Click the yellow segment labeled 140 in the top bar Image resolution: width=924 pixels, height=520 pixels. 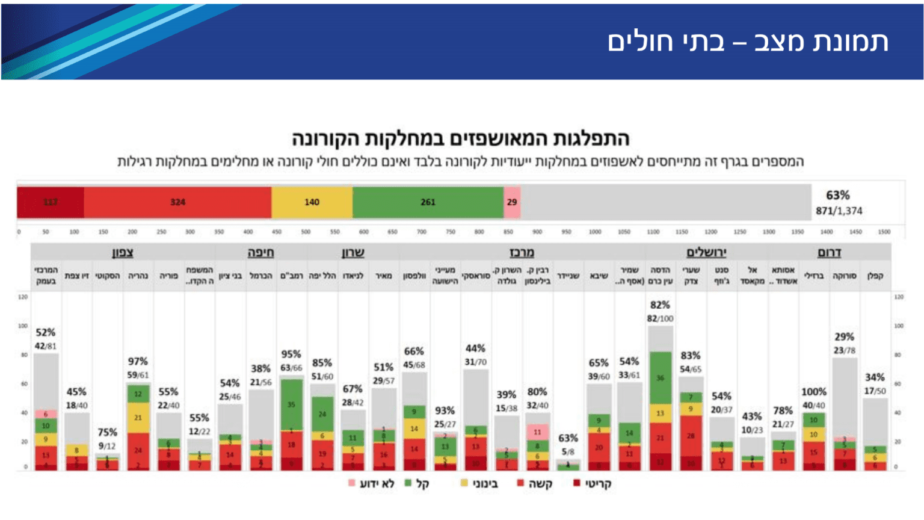point(312,202)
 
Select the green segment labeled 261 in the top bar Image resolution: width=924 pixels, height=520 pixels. point(428,202)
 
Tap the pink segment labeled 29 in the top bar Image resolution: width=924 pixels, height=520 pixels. point(512,202)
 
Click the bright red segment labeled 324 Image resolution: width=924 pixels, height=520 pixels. point(177,202)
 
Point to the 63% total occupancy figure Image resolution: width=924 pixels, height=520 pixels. point(837,196)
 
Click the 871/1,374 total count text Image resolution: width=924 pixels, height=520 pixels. point(839,211)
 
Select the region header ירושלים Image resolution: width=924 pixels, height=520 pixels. point(706,253)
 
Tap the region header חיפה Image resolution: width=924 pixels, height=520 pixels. point(260,253)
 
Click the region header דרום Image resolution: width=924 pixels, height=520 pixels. point(829,253)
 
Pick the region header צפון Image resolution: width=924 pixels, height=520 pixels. point(122,253)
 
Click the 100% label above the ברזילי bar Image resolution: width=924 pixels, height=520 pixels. point(813,392)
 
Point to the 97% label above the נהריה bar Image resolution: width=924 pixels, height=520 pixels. point(138,362)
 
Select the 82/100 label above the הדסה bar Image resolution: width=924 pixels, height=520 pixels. point(660,318)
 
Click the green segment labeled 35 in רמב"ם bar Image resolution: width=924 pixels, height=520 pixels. point(291,404)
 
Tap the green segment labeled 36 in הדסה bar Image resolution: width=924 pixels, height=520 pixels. point(660,378)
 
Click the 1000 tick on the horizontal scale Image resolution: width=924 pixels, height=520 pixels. point(595,232)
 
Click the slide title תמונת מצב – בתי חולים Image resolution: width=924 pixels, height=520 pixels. point(747,42)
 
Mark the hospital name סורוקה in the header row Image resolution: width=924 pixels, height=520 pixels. point(844,276)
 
